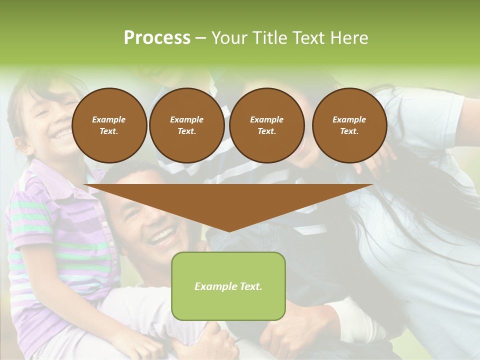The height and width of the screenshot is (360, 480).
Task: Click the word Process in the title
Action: coord(157,38)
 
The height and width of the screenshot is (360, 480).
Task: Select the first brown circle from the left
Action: coord(109,125)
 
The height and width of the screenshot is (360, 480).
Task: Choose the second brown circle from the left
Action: coord(186,125)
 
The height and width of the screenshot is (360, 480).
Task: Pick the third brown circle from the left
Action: coord(266,125)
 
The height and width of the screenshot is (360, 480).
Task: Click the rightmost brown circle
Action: coord(349,125)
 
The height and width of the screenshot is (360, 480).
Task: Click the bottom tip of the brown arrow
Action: coord(229,231)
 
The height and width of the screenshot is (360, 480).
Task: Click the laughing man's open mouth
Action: coord(162,236)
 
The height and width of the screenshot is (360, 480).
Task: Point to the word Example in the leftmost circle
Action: coord(108,119)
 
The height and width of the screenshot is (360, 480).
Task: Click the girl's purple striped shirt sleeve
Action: coord(30,220)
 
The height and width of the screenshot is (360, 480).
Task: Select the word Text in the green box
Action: coord(249,286)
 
